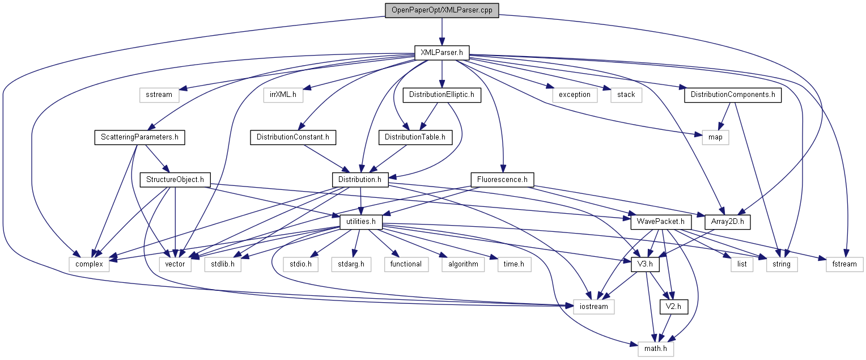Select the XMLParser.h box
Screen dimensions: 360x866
click(x=442, y=53)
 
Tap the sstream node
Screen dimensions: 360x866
click(x=159, y=95)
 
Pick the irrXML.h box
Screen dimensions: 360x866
click(x=283, y=95)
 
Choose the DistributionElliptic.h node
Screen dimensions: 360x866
click(x=442, y=95)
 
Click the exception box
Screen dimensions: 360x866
click(x=575, y=95)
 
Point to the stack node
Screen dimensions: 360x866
click(x=626, y=95)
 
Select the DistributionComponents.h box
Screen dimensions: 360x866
click(x=732, y=95)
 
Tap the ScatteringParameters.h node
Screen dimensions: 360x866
click(x=140, y=137)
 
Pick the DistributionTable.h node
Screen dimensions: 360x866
click(x=415, y=137)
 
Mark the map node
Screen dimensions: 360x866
click(x=715, y=137)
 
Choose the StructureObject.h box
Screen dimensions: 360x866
click(x=175, y=180)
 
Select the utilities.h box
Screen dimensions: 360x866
click(x=360, y=222)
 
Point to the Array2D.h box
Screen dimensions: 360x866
click(x=727, y=222)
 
